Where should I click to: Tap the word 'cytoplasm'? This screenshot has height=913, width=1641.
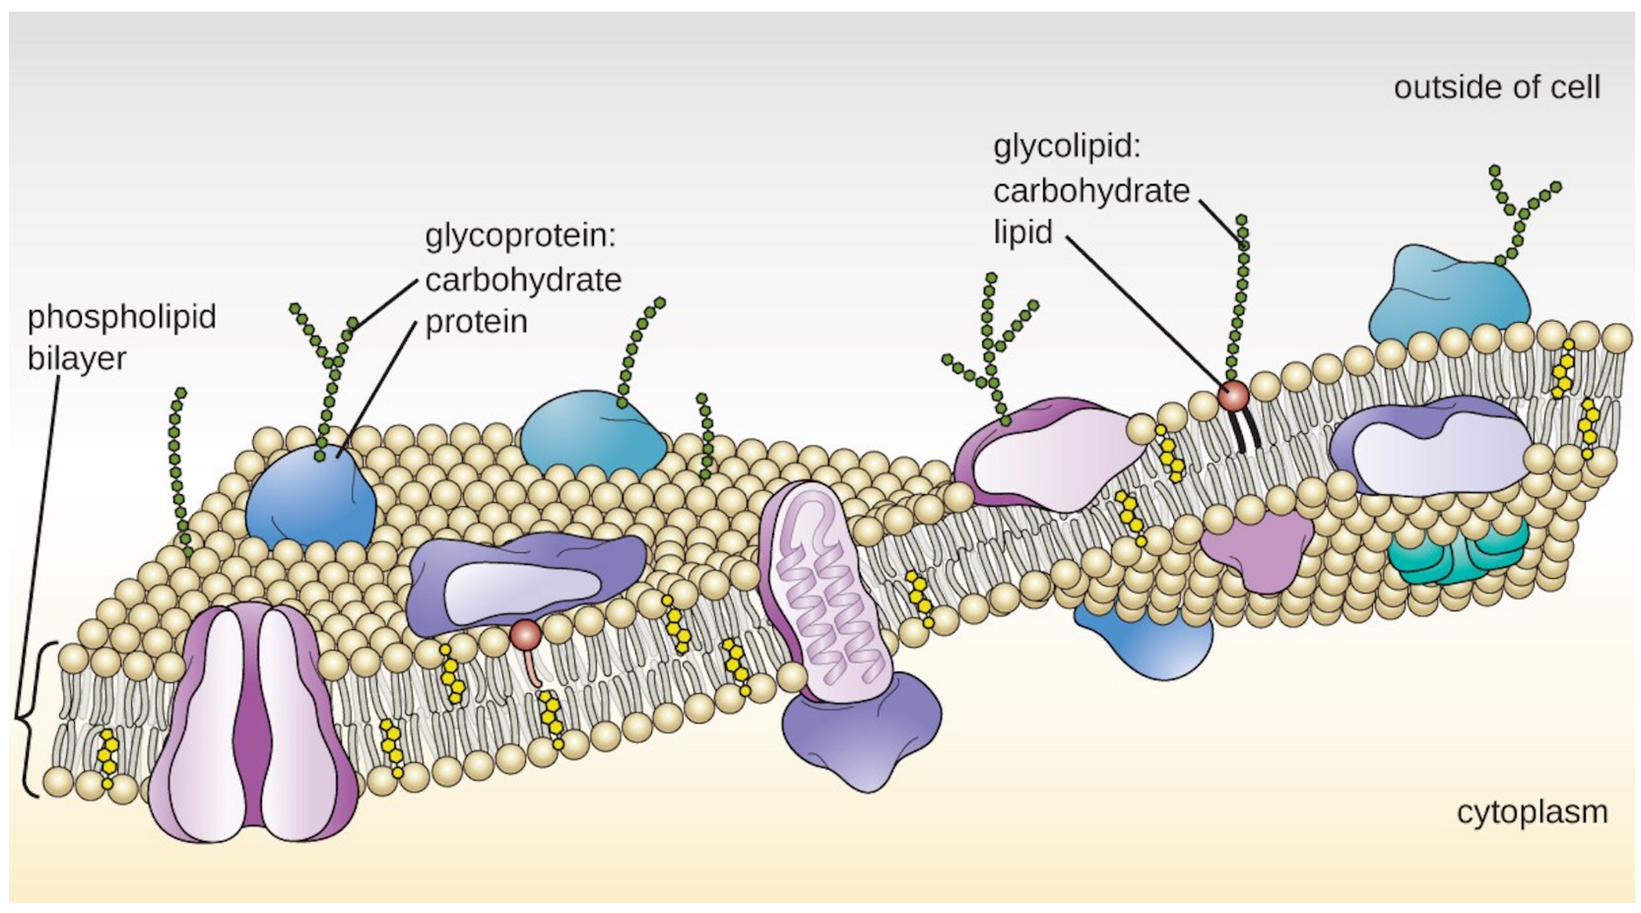[1532, 812]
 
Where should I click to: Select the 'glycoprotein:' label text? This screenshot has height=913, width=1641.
[520, 236]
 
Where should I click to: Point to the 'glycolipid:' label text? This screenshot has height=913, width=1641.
[1067, 147]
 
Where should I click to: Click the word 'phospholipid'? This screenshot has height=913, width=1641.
[122, 317]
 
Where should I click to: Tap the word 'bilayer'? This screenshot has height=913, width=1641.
[77, 359]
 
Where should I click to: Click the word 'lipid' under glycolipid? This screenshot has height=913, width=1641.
[1023, 232]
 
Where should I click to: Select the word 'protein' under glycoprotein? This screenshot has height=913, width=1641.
[476, 322]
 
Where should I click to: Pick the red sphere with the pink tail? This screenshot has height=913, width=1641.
[525, 634]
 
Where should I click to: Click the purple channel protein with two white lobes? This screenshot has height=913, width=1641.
[253, 723]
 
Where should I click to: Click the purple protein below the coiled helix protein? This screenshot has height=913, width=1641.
[862, 734]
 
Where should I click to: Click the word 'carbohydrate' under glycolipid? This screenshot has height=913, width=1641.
[1091, 191]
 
